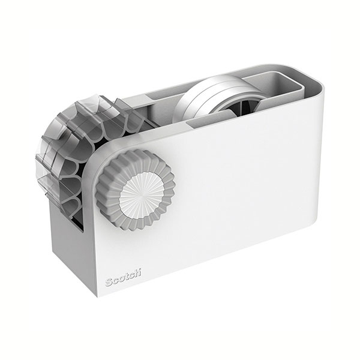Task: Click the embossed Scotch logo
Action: click(x=123, y=278)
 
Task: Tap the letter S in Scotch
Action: click(x=109, y=282)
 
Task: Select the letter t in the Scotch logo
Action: click(x=127, y=277)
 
